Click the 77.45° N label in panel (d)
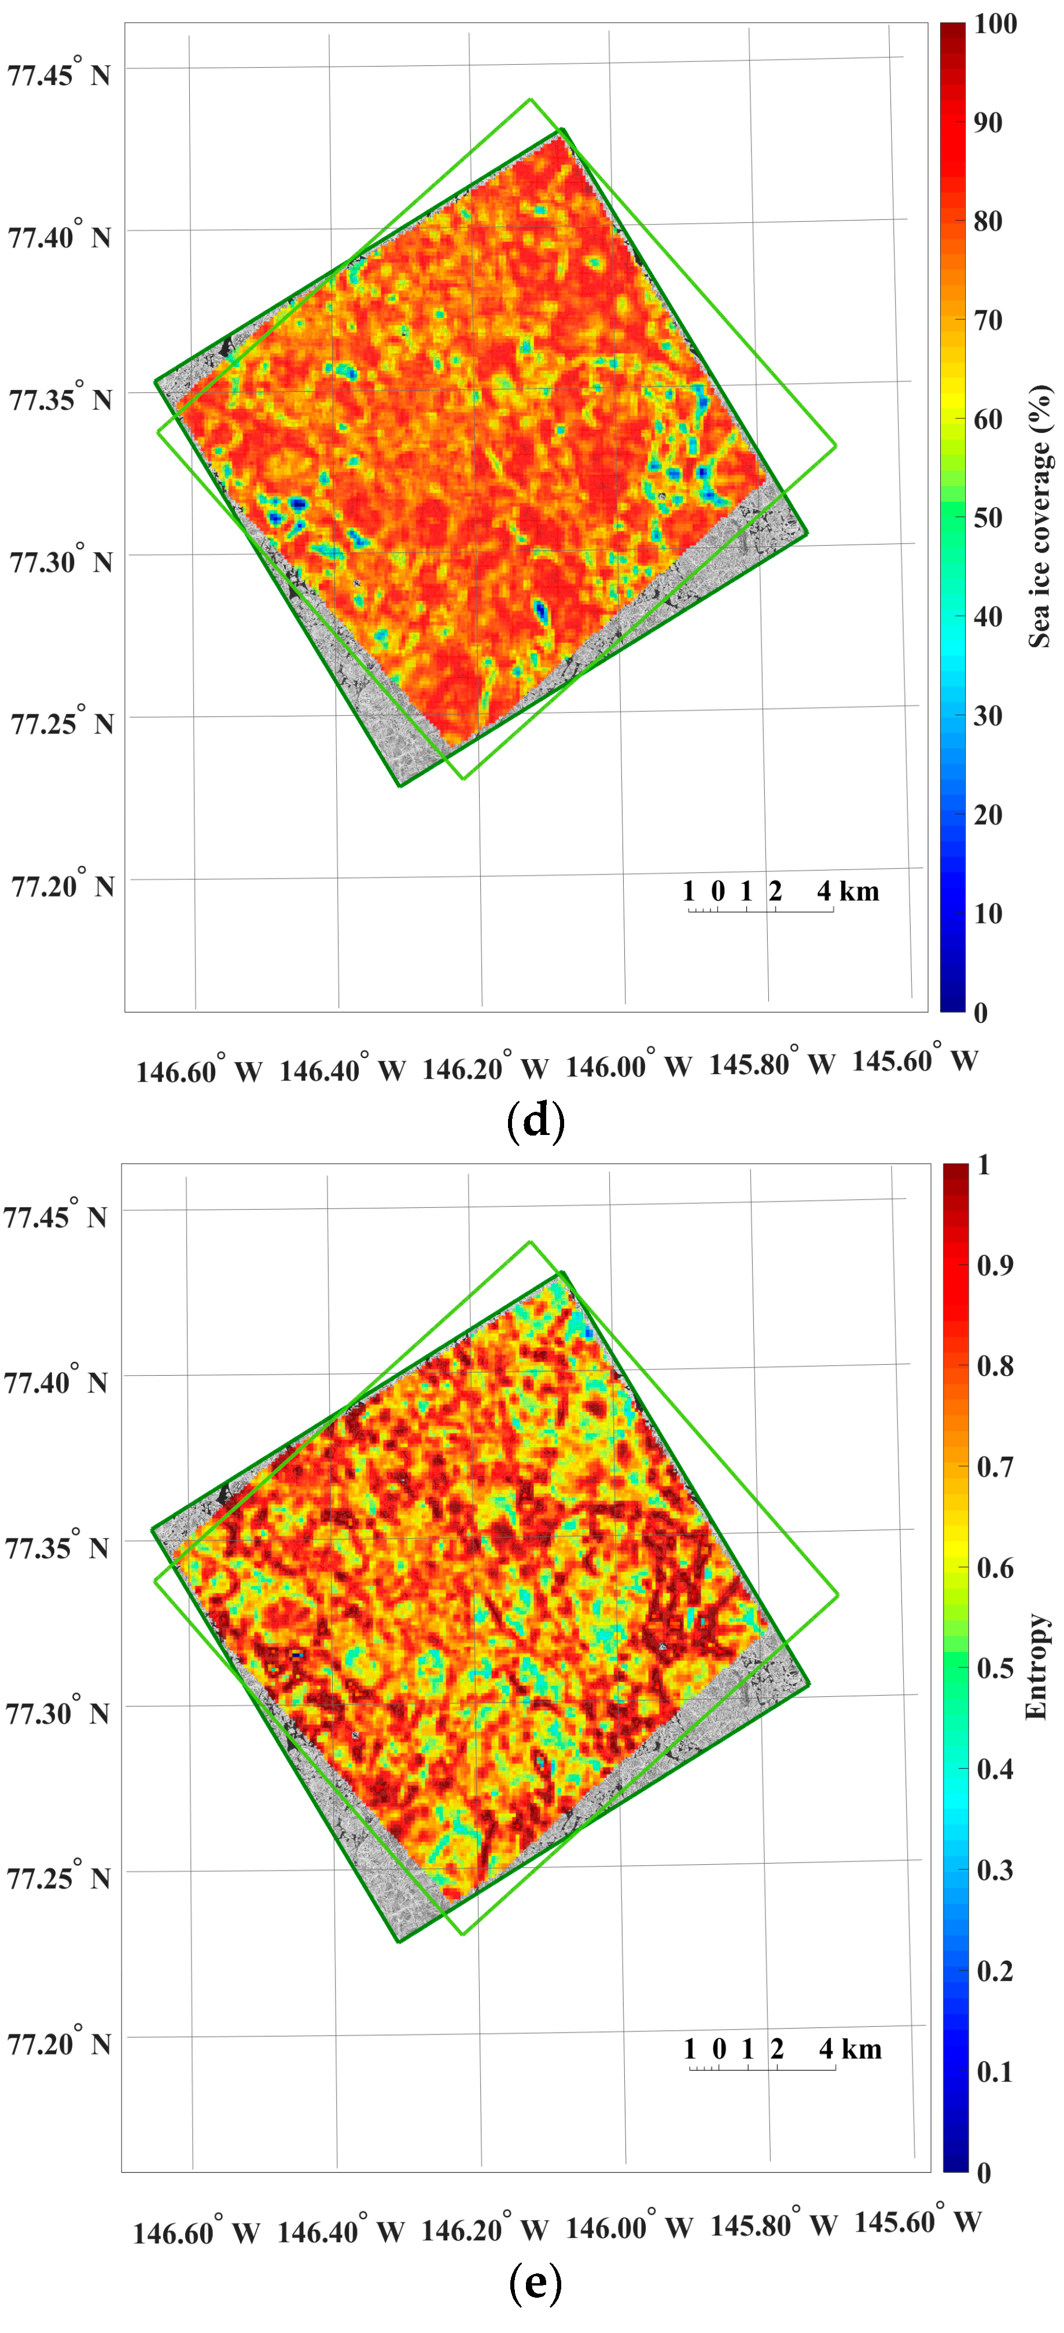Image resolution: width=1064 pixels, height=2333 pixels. (59, 72)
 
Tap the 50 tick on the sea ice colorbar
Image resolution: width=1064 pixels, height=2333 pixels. (987, 517)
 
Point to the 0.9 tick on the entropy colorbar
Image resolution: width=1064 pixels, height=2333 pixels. (993, 1265)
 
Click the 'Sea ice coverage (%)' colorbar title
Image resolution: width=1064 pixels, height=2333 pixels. (1040, 516)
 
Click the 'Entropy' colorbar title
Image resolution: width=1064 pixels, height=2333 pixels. (1036, 1666)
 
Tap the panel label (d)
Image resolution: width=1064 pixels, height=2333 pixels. (536, 1121)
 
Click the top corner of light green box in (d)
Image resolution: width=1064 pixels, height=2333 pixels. (531, 99)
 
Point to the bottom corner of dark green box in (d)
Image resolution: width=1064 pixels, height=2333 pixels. (400, 785)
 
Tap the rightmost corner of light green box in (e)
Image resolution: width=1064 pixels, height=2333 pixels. (838, 1594)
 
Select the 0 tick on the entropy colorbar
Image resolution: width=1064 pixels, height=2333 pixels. (984, 2172)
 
